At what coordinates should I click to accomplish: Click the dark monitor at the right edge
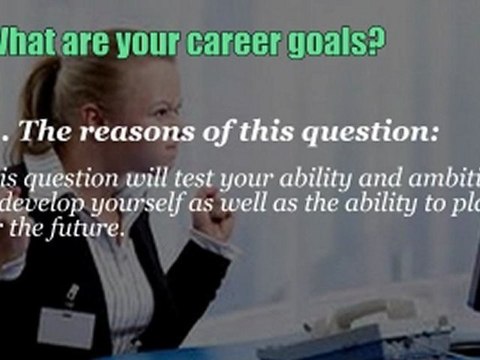tap(472, 280)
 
